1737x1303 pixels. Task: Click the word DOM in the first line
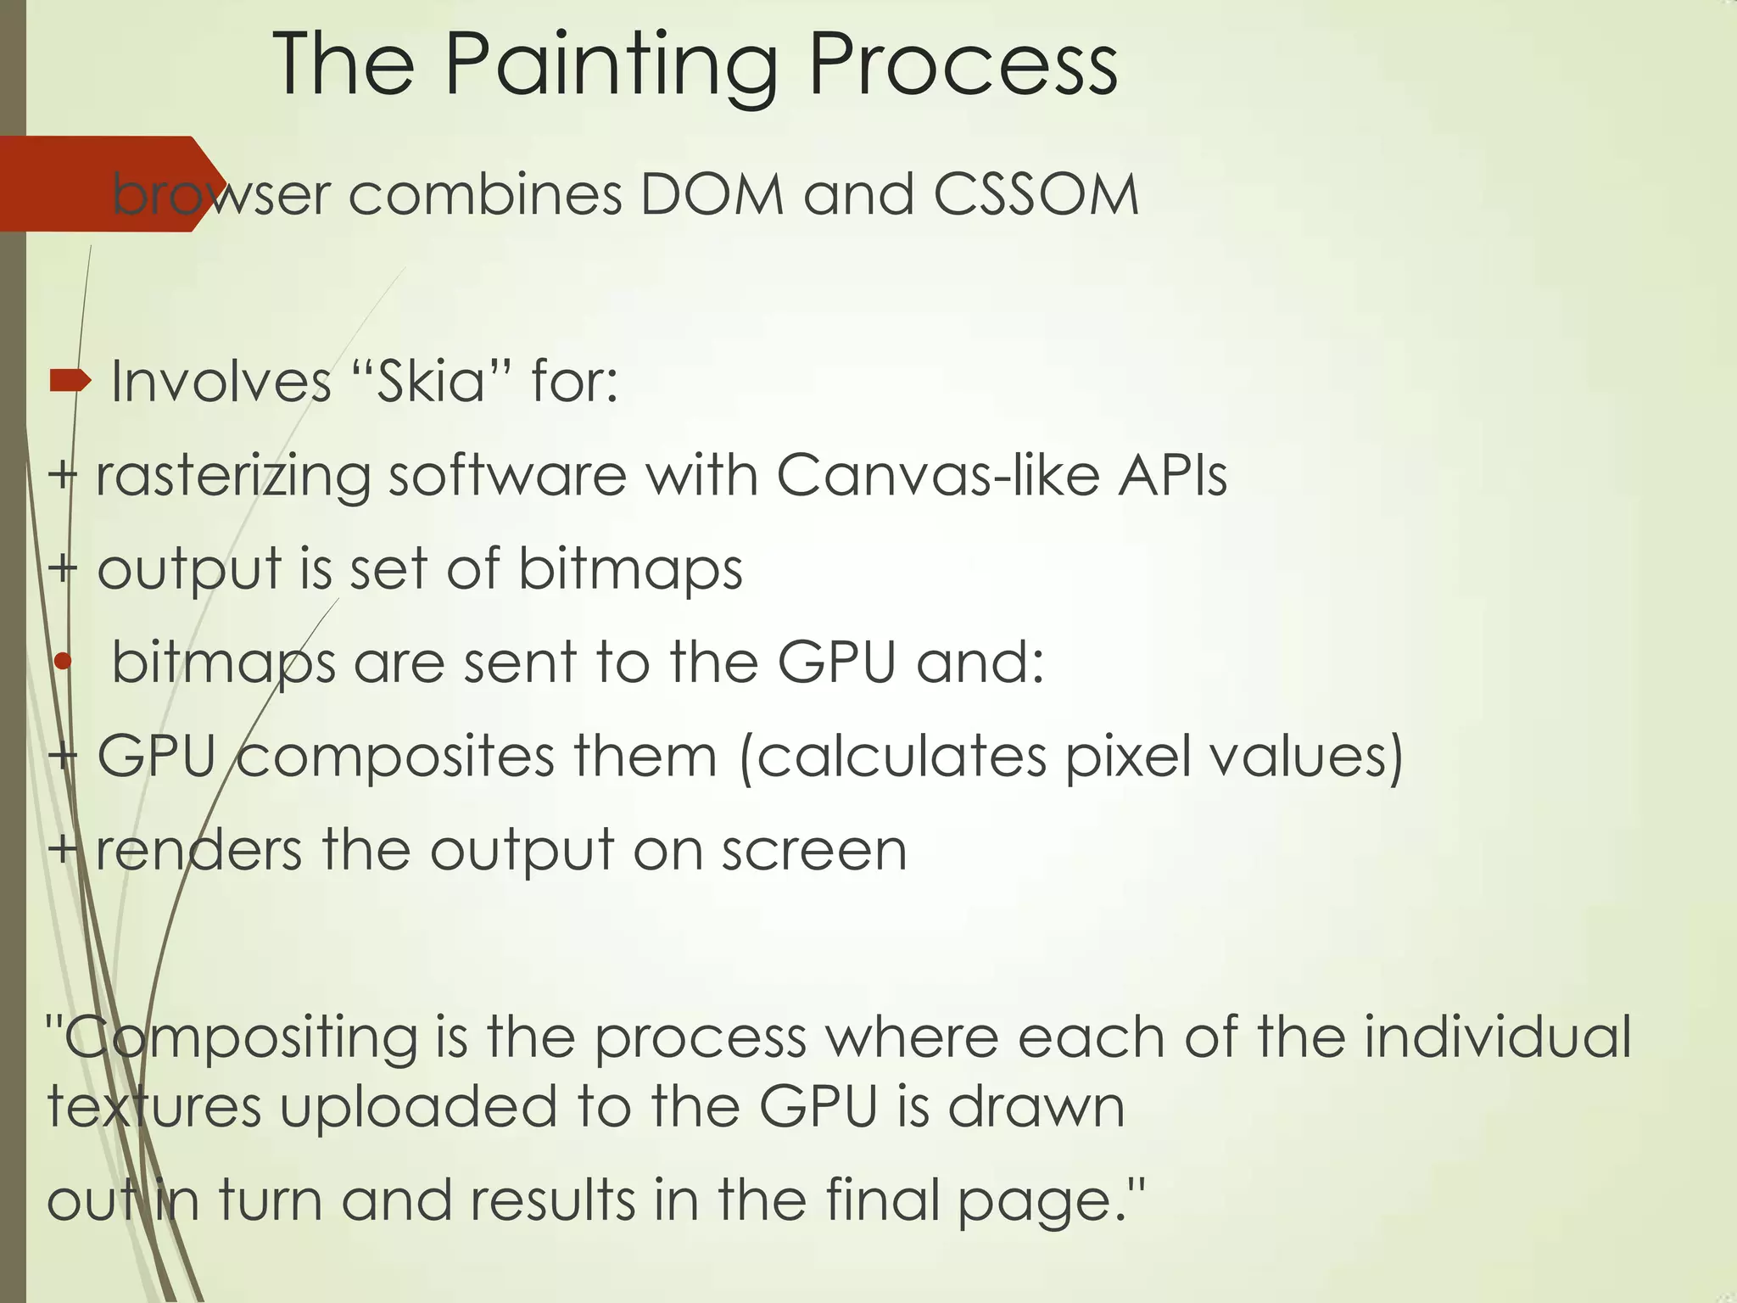tap(712, 195)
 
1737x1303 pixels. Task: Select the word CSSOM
tap(1036, 195)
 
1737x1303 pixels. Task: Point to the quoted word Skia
tap(431, 382)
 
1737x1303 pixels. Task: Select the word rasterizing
tap(232, 477)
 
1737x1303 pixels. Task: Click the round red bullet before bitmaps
tap(62, 662)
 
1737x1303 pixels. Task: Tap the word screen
tap(814, 850)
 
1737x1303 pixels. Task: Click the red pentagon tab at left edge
tap(93, 183)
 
